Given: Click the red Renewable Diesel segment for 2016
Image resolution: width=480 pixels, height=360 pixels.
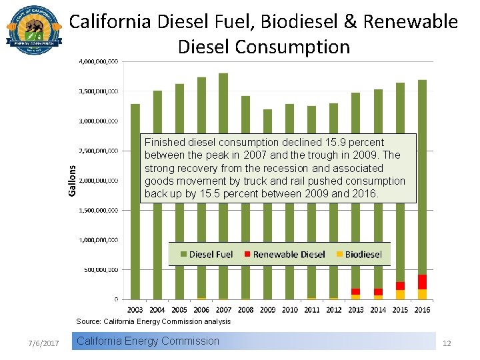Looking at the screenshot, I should pos(422,281).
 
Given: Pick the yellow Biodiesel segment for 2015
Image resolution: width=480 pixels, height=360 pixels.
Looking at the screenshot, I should pos(400,295).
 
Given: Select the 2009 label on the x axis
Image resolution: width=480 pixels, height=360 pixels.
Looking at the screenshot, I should pos(267,309).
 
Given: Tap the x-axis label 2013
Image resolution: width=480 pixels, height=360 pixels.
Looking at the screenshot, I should pos(355,309).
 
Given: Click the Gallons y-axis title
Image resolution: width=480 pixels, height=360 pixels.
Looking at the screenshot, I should pos(73,181).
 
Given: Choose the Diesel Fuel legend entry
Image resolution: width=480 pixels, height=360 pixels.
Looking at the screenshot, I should pos(205,254).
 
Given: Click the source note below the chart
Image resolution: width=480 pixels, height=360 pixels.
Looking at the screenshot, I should pos(153,321).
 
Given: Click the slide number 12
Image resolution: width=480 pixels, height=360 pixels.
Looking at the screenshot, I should pos(447,343).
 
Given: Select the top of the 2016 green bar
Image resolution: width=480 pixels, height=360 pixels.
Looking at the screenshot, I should pos(422,81).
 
